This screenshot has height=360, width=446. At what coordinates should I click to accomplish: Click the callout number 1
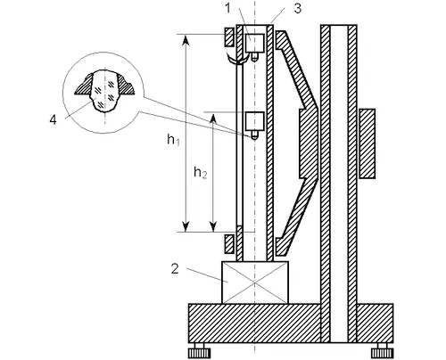click(227, 8)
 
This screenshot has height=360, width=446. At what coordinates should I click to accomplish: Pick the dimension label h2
click(200, 172)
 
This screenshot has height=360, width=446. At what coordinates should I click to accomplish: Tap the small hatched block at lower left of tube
click(229, 241)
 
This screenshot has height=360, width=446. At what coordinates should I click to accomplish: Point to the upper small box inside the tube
click(258, 42)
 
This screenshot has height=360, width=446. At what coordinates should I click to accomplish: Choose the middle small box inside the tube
click(256, 120)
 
